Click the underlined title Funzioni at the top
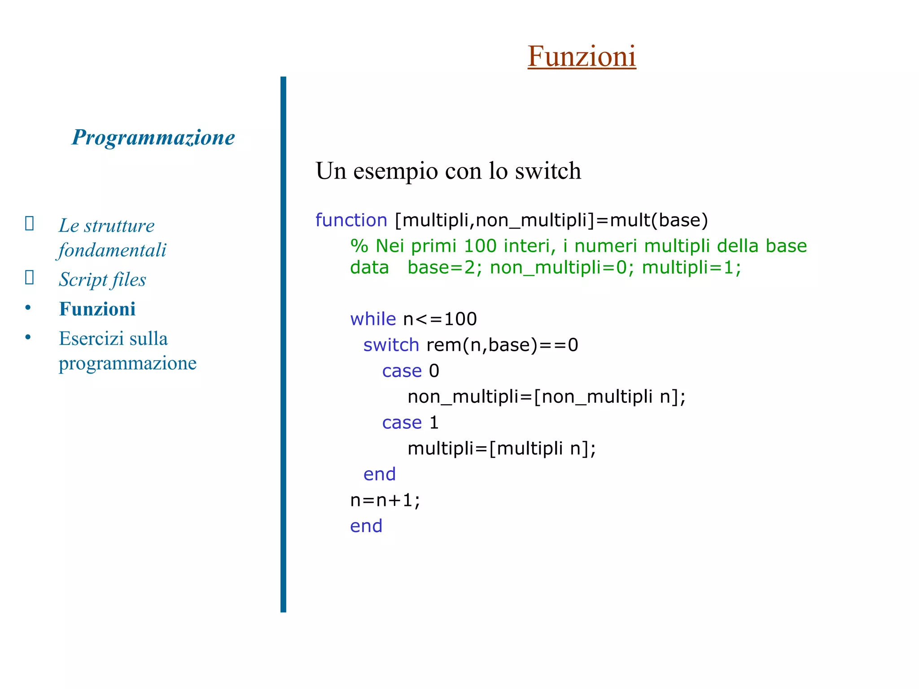click(582, 57)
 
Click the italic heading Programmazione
click(153, 137)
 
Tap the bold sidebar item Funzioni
click(97, 309)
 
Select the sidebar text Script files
click(102, 279)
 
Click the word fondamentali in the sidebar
click(112, 250)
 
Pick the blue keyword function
click(351, 220)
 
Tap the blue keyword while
click(373, 319)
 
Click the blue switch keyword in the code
click(391, 345)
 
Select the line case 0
click(410, 371)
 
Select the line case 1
click(410, 423)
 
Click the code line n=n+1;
click(385, 500)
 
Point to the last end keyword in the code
click(366, 526)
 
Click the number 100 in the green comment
click(480, 246)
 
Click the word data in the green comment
click(369, 267)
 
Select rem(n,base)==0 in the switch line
click(502, 345)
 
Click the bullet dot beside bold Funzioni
click(28, 308)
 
